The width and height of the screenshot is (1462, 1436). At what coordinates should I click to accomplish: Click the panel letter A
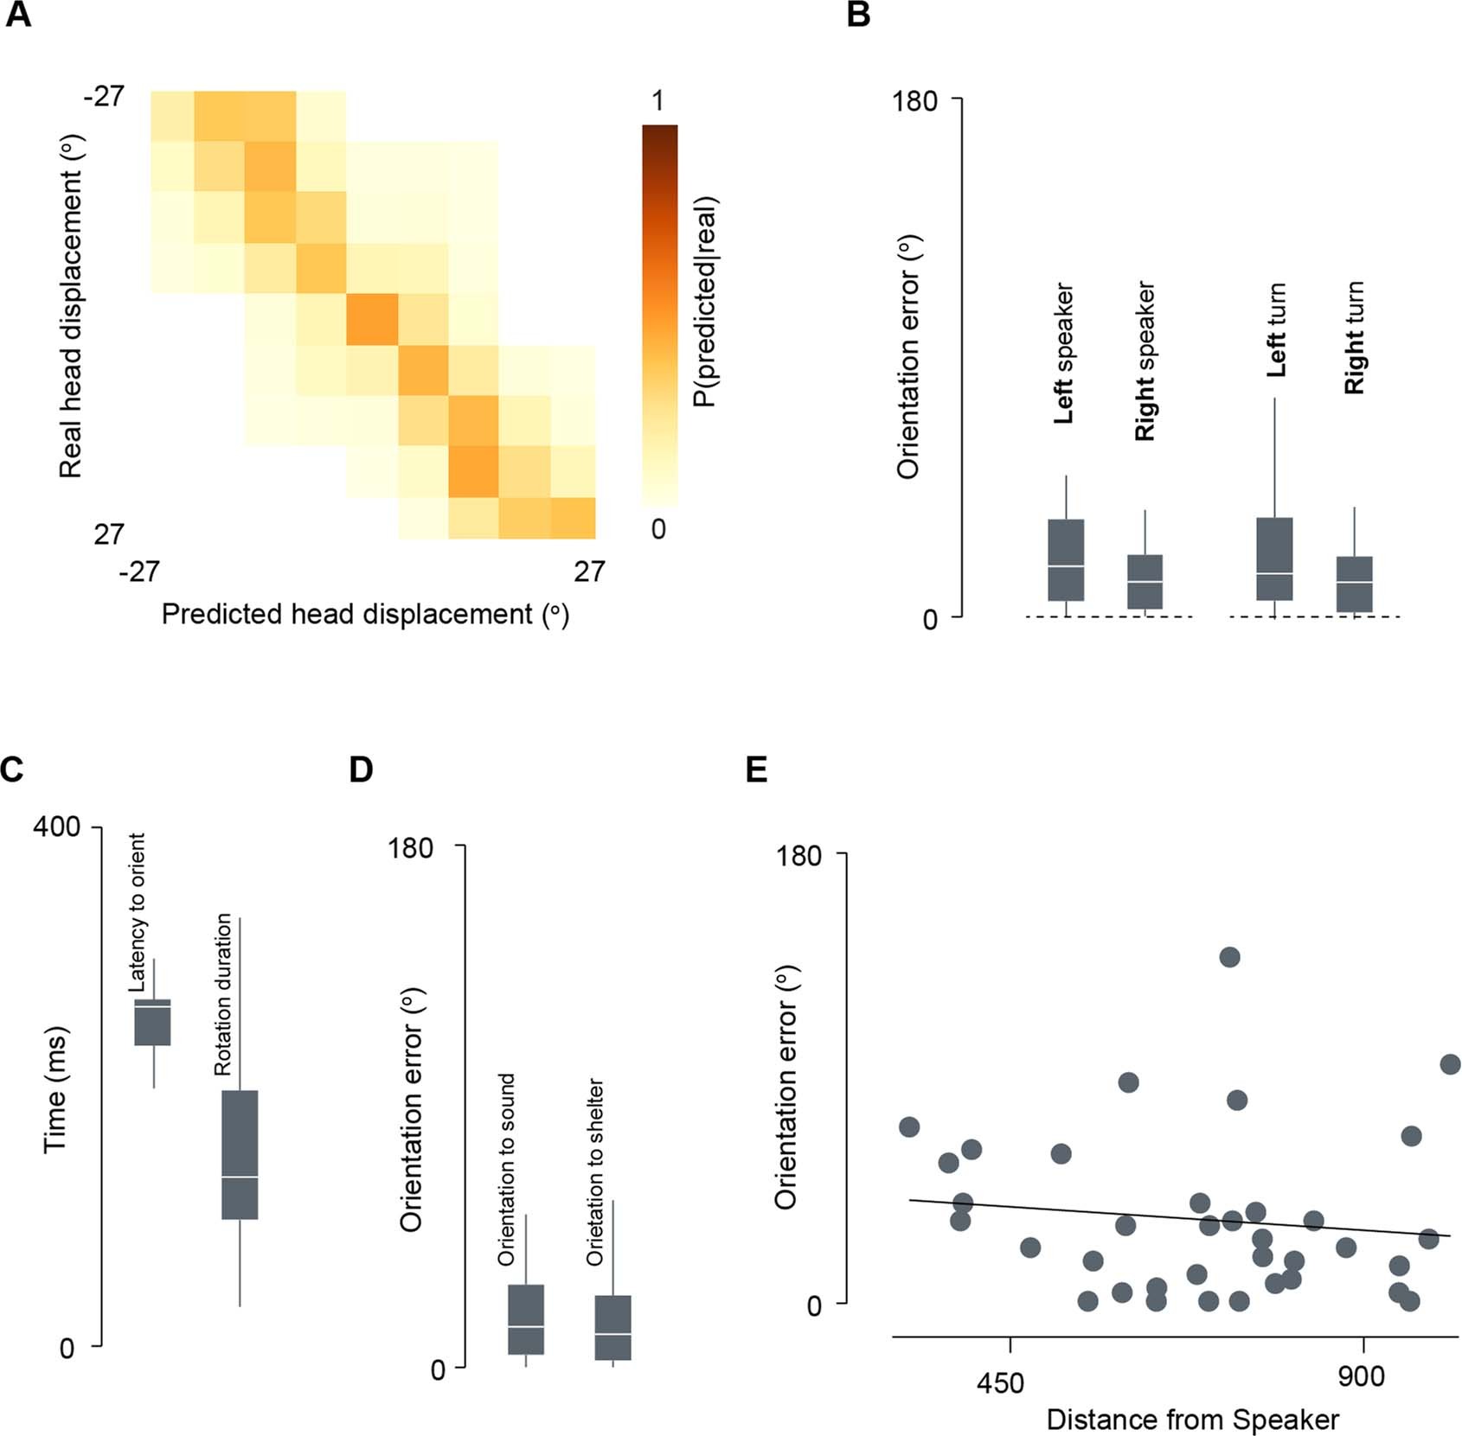18,15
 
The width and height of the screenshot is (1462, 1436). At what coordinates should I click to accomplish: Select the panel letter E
756,769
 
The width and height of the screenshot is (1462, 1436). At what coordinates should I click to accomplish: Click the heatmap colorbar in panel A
659,315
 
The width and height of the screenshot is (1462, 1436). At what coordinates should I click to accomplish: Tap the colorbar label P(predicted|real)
706,302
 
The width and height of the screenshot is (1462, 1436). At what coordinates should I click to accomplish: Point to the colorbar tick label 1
658,100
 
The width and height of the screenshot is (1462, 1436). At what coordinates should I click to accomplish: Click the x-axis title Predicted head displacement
365,614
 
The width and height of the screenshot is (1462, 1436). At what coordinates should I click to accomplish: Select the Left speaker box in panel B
1066,559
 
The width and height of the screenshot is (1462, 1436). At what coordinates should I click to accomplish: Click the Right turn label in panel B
1354,338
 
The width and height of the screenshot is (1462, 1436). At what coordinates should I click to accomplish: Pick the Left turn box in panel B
1274,558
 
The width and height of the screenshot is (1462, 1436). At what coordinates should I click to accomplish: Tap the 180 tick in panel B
915,101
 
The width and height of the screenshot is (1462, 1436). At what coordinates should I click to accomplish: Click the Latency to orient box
153,1022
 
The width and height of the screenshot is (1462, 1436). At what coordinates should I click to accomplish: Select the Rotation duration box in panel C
240,1154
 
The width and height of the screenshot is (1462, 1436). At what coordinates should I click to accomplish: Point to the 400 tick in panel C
56,826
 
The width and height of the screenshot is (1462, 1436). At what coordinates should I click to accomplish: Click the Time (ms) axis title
55,1089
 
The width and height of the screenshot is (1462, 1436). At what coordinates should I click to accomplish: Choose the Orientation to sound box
526,1319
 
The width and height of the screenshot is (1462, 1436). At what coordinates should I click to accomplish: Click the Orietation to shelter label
595,1171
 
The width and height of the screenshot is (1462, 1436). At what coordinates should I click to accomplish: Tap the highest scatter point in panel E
1229,957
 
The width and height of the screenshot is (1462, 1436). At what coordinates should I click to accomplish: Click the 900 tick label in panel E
1361,1375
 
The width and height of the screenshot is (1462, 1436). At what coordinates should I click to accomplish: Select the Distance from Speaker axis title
1192,1420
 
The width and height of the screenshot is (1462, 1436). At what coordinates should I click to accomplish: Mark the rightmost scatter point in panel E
1451,1064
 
